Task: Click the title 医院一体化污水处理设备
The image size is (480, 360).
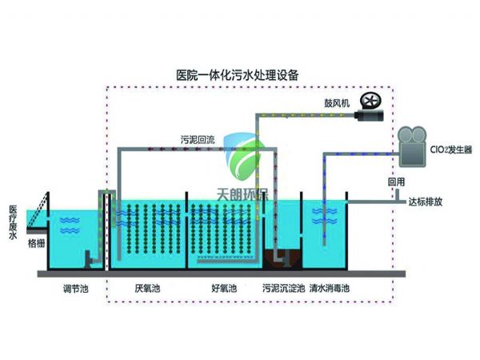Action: pos(237,74)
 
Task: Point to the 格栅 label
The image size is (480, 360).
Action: pos(37,241)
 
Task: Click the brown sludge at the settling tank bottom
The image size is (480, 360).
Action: pos(284,261)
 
